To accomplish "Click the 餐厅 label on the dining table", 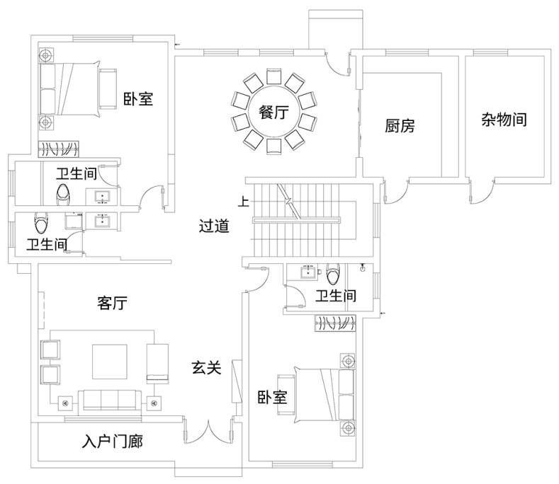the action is pyautogui.click(x=273, y=113).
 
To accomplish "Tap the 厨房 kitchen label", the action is pyautogui.click(x=400, y=126).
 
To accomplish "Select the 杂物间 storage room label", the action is pyautogui.click(x=504, y=120).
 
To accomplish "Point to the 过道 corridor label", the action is pyautogui.click(x=214, y=226).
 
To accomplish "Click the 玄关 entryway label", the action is pyautogui.click(x=207, y=367).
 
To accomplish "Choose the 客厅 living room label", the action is pyautogui.click(x=113, y=303).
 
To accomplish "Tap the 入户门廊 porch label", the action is pyautogui.click(x=113, y=442).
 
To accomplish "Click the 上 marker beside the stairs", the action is pyautogui.click(x=244, y=202).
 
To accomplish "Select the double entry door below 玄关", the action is pyautogui.click(x=208, y=432).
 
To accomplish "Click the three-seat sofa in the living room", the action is pyautogui.click(x=110, y=400).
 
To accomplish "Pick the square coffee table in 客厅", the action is pyautogui.click(x=110, y=362).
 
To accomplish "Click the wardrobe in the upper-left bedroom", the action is pyautogui.click(x=59, y=149).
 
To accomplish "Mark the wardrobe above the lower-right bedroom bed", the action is pyautogui.click(x=335, y=323).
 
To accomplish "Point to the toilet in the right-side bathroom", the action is pyautogui.click(x=333, y=274).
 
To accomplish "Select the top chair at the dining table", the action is pyautogui.click(x=273, y=76).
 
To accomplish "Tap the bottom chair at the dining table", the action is pyautogui.click(x=273, y=146).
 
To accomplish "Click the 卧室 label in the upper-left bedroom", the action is pyautogui.click(x=138, y=98).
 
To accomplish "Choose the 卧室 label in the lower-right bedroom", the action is pyautogui.click(x=272, y=397).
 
